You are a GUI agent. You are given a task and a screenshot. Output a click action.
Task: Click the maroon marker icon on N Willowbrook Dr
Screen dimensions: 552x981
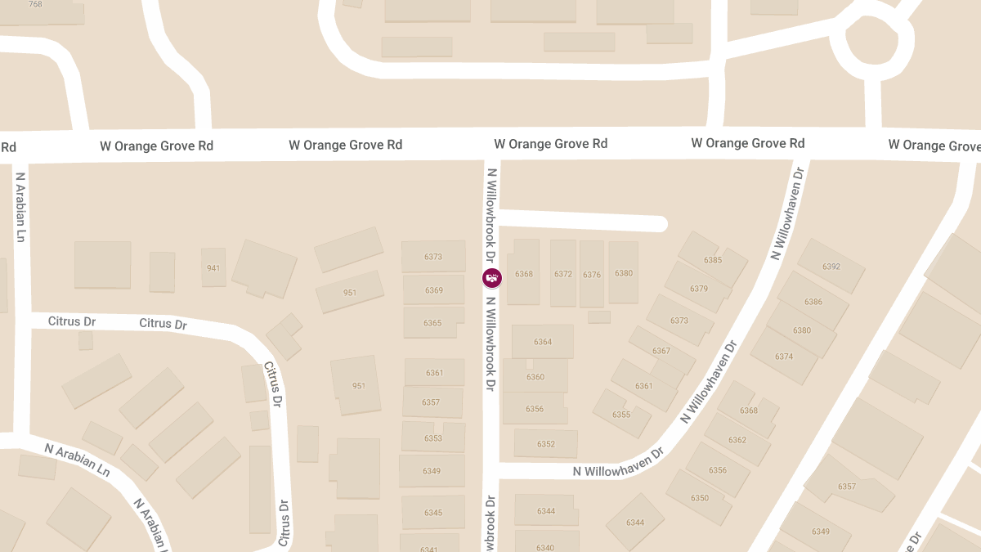[x=492, y=278]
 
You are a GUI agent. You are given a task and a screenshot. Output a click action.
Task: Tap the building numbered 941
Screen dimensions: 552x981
[x=213, y=267]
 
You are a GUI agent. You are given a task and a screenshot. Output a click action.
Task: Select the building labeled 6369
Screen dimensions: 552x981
[x=433, y=290]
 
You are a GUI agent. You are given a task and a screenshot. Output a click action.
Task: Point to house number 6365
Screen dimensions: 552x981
[x=432, y=323]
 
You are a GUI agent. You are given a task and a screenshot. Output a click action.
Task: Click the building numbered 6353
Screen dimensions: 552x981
[x=432, y=438]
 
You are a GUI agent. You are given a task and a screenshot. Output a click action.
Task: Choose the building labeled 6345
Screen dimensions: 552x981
[x=433, y=513]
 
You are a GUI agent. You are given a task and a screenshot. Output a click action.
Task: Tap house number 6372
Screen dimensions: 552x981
[x=563, y=274]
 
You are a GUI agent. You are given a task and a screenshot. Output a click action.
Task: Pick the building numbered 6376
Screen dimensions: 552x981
[x=592, y=275]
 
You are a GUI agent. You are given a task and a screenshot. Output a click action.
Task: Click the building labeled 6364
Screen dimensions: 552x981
[x=543, y=342]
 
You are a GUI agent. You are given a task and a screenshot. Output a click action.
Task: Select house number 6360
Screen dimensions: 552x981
[x=535, y=377]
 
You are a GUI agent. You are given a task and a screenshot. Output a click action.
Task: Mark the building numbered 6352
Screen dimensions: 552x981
[x=546, y=444]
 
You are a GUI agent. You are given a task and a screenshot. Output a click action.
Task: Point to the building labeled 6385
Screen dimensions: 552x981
[x=713, y=260]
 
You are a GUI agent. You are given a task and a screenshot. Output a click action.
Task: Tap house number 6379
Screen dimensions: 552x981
[x=699, y=289]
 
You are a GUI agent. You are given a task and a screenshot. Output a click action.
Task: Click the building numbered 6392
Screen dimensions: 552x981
[x=831, y=267]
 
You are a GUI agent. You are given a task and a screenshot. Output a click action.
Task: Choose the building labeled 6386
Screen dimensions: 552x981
[x=813, y=302]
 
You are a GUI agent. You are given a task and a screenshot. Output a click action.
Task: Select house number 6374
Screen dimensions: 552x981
[x=784, y=357]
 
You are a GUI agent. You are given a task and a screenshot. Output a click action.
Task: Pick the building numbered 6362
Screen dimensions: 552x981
[x=737, y=440]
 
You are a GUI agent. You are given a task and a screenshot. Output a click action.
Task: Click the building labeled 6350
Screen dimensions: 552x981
[x=700, y=498]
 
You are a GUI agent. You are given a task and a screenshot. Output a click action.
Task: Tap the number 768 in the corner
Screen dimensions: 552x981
[x=35, y=4]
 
